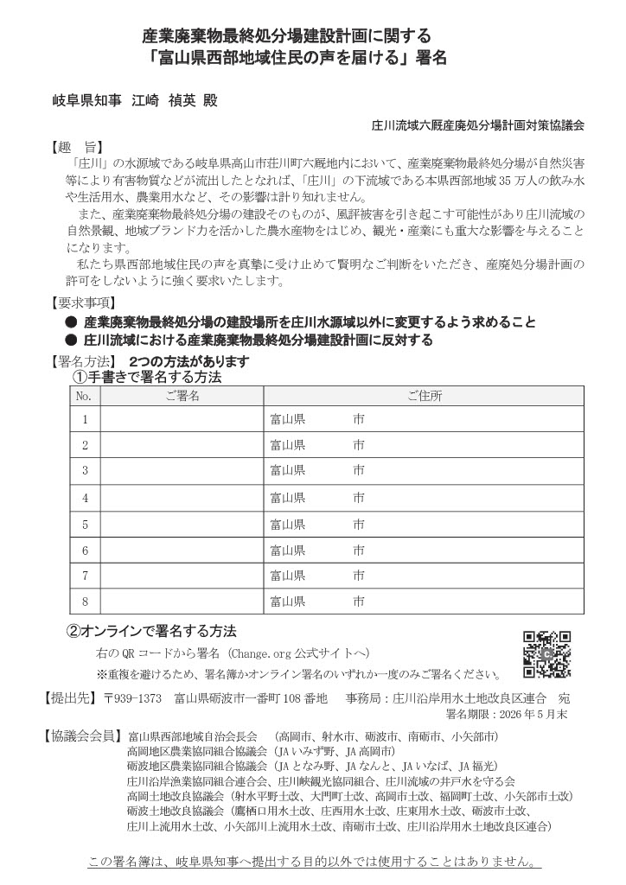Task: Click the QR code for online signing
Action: tap(546, 654)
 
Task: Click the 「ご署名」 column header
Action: tap(182, 396)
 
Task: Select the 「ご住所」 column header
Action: tap(425, 396)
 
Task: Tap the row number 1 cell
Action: tap(85, 420)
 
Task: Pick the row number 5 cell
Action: tap(85, 524)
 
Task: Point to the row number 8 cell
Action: tap(85, 602)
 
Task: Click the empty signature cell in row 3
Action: tap(182, 471)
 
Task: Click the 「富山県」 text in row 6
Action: tap(287, 550)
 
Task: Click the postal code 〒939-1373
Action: tap(131, 697)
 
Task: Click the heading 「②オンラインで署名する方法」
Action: tap(151, 631)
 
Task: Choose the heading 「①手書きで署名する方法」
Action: tap(147, 378)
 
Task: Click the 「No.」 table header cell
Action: tap(85, 396)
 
